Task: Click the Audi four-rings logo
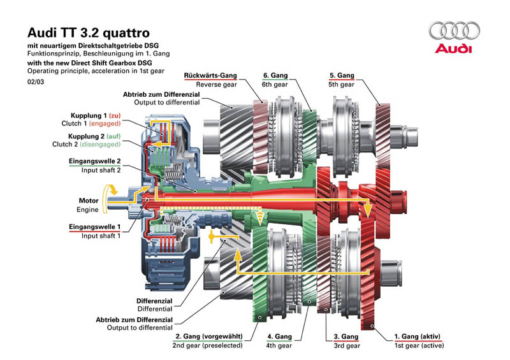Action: (x=454, y=30)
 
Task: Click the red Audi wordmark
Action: (x=453, y=48)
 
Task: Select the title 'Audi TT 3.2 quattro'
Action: (x=89, y=32)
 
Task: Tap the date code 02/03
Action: (x=36, y=82)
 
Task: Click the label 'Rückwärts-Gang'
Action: (x=210, y=75)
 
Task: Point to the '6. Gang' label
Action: (x=275, y=75)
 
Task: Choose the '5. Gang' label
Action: (x=342, y=75)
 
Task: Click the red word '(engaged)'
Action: (x=105, y=124)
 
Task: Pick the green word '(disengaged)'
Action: (x=100, y=144)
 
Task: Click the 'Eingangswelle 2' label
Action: (x=94, y=161)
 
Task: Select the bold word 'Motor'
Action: (x=89, y=201)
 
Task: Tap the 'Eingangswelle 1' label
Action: (x=94, y=227)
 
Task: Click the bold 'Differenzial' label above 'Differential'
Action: (x=154, y=301)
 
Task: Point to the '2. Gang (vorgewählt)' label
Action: (x=209, y=336)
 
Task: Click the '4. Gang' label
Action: (x=280, y=336)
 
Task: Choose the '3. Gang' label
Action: (x=346, y=336)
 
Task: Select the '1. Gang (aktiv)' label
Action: (x=418, y=336)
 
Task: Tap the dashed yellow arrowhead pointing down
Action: (x=259, y=220)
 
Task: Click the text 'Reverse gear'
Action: (x=216, y=85)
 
